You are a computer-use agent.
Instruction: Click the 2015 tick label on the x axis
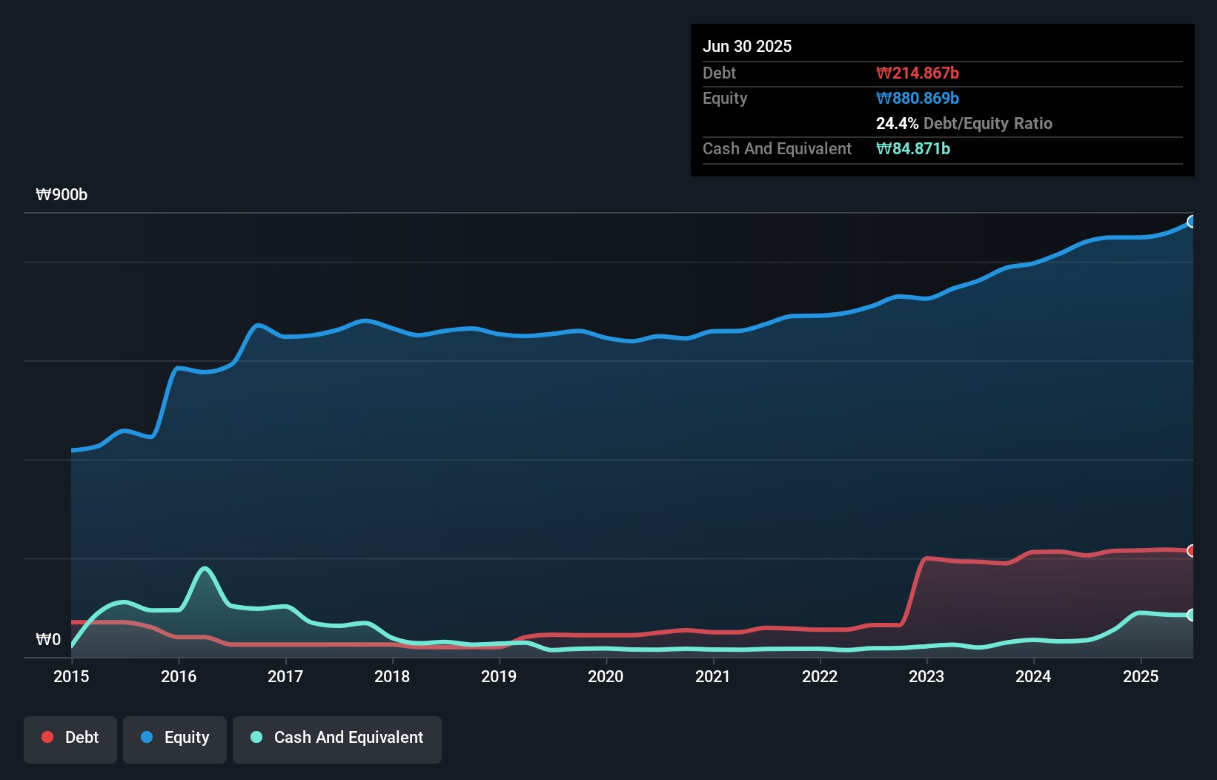pos(71,676)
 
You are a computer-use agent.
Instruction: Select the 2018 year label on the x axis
pos(392,676)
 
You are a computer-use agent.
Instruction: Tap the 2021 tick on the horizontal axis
pos(712,676)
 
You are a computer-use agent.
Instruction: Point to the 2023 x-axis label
pos(926,676)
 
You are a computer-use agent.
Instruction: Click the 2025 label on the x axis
pos(1141,676)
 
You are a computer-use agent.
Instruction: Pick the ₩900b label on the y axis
pos(62,195)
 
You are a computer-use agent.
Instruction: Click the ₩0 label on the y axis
pos(48,639)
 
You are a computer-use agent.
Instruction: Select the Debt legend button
pos(70,738)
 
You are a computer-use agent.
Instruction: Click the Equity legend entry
pos(175,738)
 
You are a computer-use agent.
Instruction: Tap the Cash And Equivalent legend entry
pos(337,738)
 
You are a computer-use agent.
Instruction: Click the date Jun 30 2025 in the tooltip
pos(747,46)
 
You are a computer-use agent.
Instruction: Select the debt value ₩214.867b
pos(918,73)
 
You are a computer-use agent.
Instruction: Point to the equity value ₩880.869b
pos(918,98)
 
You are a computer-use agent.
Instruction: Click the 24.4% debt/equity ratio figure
pos(897,123)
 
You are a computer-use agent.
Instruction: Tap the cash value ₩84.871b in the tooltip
pos(913,148)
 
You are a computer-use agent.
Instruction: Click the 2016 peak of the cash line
pos(205,569)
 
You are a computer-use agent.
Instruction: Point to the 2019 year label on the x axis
pos(499,676)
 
